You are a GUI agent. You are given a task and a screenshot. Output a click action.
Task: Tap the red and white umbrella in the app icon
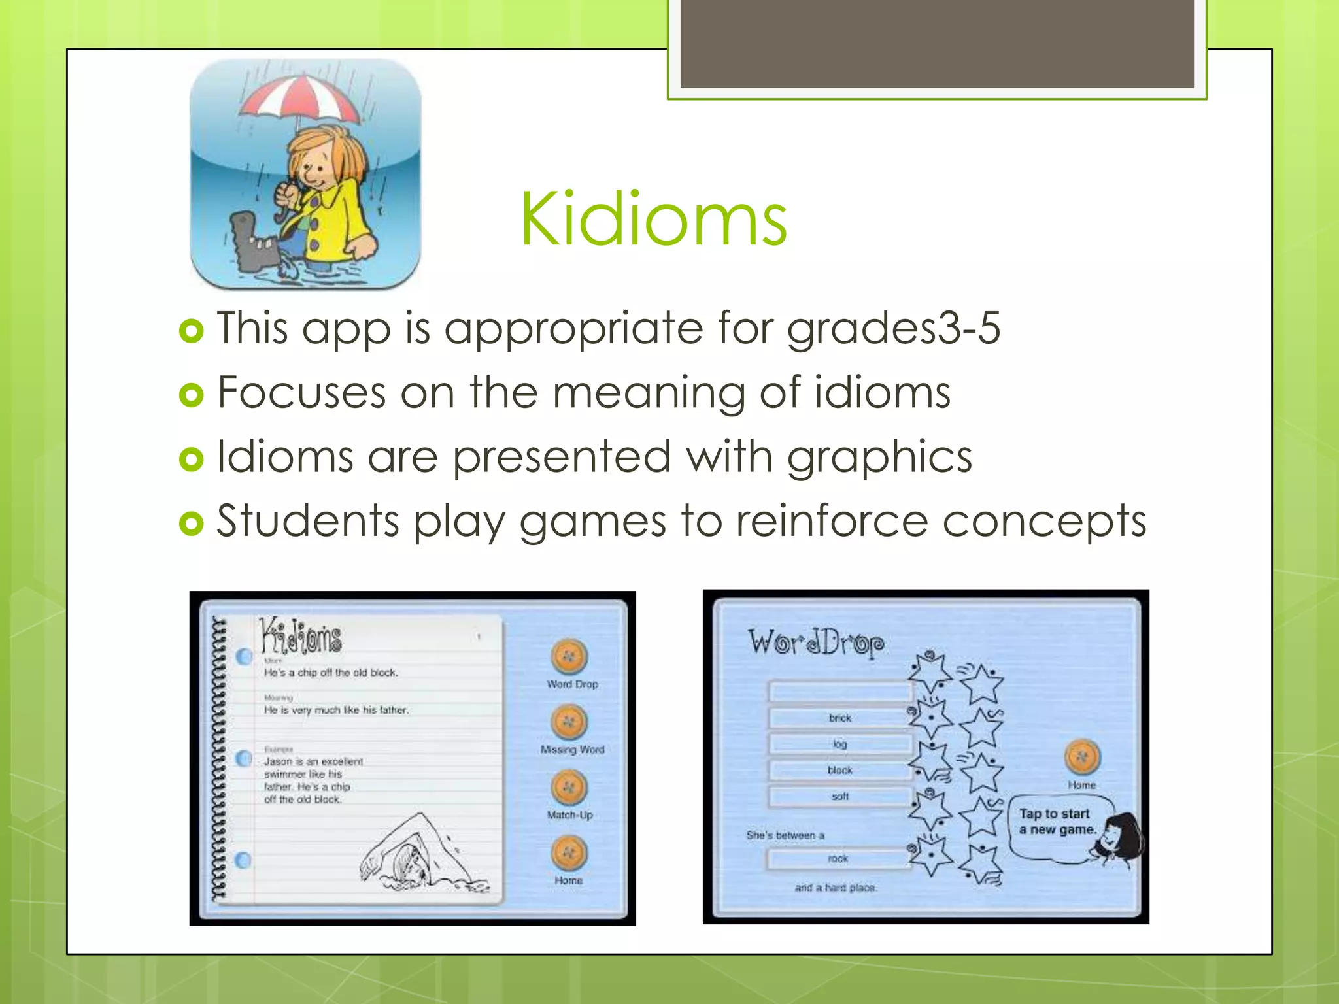click(301, 98)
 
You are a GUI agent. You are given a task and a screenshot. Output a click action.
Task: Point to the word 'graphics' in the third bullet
click(879, 456)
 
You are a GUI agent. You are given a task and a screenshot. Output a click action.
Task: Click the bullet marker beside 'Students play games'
click(192, 523)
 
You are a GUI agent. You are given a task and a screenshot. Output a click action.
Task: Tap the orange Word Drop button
click(569, 656)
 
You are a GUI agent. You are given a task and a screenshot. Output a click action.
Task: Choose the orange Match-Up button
click(569, 788)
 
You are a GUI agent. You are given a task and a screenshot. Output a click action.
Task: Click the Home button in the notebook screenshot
click(569, 853)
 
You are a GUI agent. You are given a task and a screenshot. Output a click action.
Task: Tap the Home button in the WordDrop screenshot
click(1082, 758)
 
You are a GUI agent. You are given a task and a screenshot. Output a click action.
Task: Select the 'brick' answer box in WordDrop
click(840, 718)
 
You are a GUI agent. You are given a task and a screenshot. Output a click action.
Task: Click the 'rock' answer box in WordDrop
click(838, 858)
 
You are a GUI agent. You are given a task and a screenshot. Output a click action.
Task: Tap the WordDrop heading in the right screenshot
click(816, 642)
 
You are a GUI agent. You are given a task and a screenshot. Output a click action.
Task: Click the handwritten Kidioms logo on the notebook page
click(301, 636)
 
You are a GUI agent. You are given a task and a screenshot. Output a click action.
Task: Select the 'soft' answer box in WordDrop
click(840, 796)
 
